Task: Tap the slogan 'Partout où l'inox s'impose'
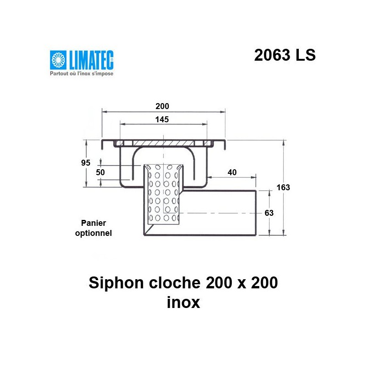[x=81, y=73]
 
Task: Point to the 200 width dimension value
[x=162, y=106]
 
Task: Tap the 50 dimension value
[x=100, y=172]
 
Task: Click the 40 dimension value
[x=232, y=172]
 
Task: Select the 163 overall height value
[x=283, y=187]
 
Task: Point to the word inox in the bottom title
[x=184, y=302]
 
